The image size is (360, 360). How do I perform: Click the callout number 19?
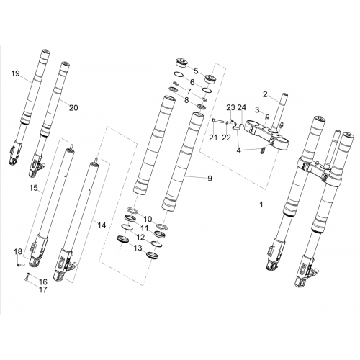15,73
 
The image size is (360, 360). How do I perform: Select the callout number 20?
73,108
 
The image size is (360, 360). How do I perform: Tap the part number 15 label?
34,188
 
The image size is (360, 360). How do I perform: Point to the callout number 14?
102,225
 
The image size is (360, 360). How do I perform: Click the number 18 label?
18,252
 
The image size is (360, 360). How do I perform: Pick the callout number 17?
43,289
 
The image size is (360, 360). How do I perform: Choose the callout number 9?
210,179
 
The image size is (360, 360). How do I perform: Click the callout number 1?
261,204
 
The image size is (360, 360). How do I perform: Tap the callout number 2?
265,94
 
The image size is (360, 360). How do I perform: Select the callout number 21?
213,138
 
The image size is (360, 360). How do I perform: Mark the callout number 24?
242,107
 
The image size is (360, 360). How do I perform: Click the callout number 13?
138,248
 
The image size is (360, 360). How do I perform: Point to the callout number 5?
196,71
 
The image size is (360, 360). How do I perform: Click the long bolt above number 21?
218,120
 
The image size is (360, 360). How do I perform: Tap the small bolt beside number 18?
20,264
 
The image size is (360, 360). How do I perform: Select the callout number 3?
257,110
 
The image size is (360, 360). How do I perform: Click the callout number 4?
238,150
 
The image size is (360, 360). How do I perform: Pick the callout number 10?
148,219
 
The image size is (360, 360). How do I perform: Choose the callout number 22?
226,138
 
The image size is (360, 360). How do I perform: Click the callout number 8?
186,100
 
